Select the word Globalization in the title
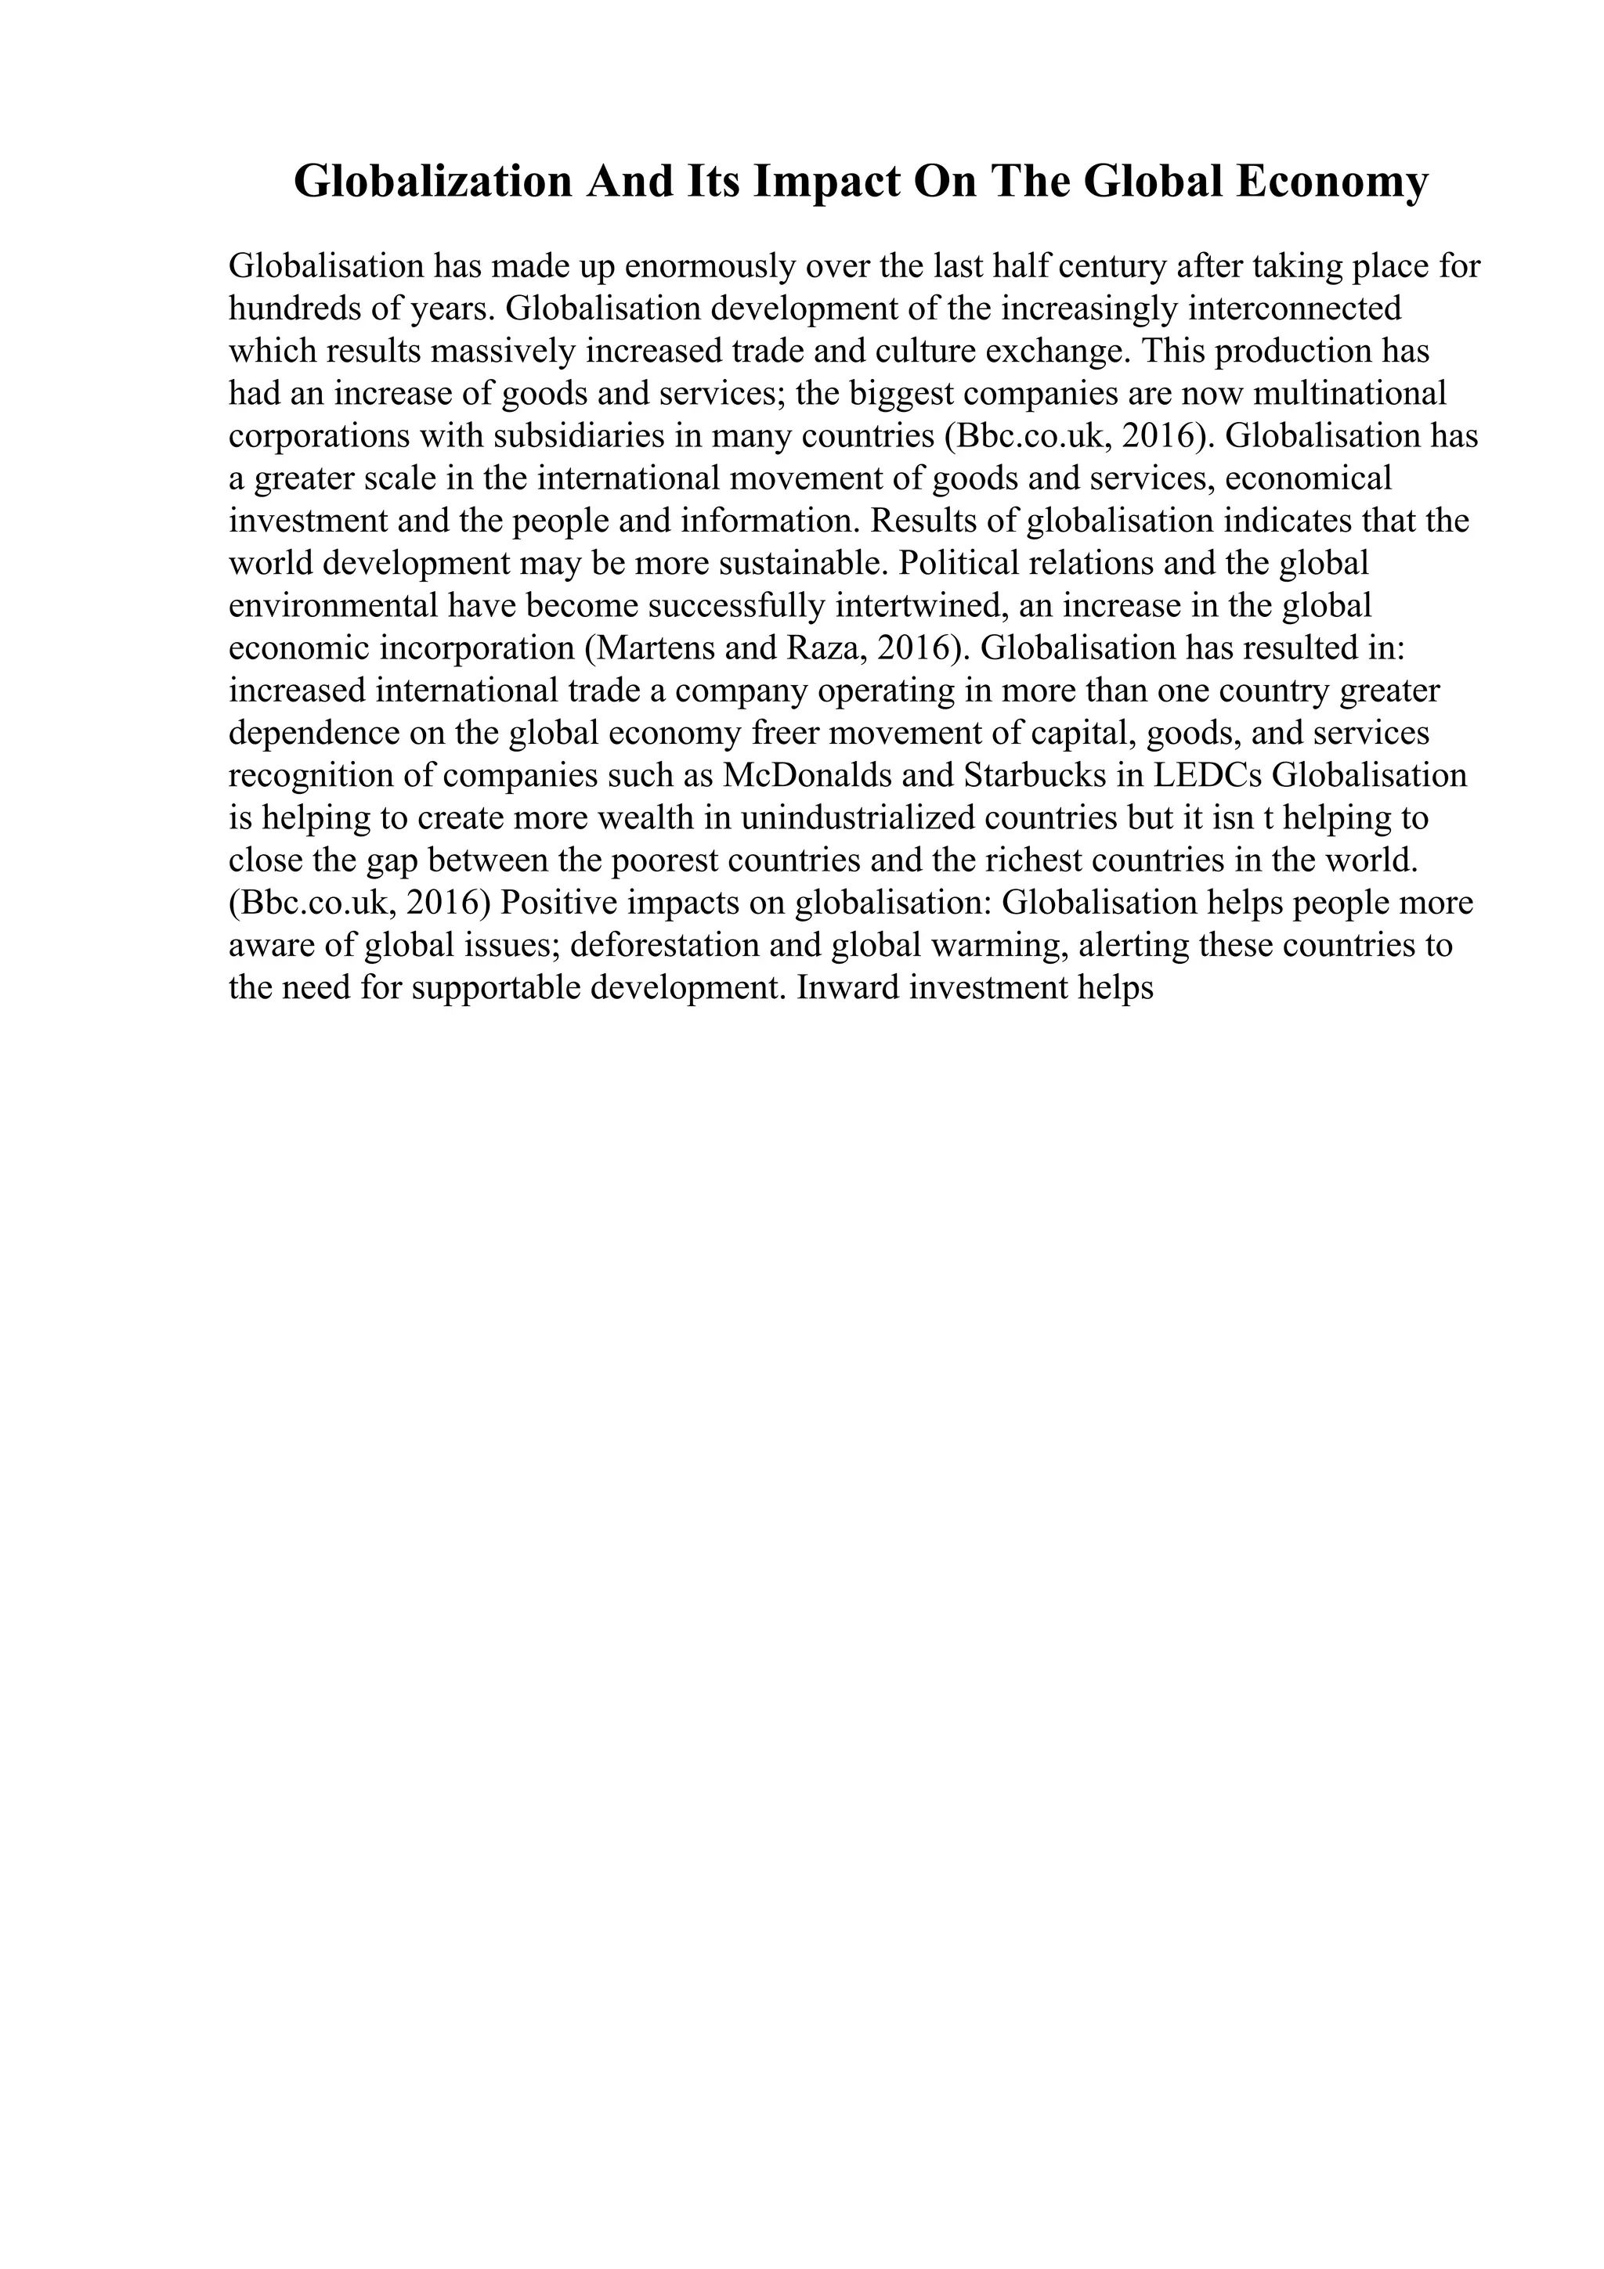click(433, 182)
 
